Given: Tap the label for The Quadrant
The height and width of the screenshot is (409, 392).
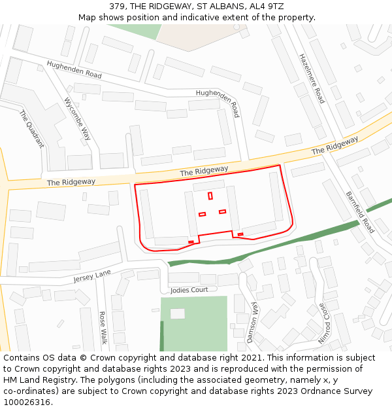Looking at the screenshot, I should coord(31,128).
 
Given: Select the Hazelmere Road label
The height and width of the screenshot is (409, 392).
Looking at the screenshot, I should coord(312,79).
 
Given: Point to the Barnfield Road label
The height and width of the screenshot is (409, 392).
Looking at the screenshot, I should coord(359,212).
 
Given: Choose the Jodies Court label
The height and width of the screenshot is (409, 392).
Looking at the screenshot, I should coord(189,290).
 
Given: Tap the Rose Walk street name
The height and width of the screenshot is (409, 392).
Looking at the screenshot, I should coord(103,327).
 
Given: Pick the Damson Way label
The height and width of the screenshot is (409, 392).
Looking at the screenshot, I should coord(253,322).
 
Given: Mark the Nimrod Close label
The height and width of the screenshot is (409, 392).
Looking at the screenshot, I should coord(323,323).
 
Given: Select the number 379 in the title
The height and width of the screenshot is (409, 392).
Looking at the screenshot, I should coord(117,7).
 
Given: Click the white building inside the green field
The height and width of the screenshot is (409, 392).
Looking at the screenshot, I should coord(177,313).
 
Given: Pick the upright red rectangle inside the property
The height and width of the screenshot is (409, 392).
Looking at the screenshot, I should coord(210,196).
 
